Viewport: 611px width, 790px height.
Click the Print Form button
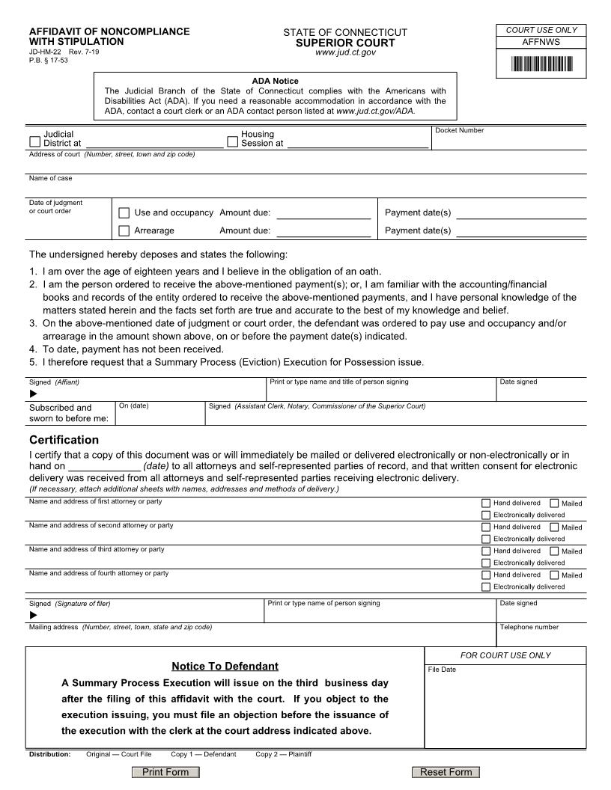(x=165, y=772)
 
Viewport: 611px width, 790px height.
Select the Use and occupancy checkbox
(x=124, y=213)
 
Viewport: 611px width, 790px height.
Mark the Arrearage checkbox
(x=124, y=231)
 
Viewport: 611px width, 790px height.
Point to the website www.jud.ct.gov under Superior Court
(x=345, y=52)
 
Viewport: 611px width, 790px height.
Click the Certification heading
(x=64, y=440)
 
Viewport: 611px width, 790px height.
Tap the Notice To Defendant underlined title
(x=225, y=666)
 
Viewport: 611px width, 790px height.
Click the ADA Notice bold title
(x=275, y=81)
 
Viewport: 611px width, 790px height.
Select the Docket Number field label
(x=459, y=131)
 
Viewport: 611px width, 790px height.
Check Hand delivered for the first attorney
(x=486, y=503)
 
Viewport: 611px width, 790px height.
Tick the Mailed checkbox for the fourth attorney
(x=554, y=575)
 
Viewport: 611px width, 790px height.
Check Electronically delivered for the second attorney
(x=486, y=539)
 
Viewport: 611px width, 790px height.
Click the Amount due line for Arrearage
(x=323, y=232)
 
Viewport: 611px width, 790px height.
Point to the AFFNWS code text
(x=541, y=43)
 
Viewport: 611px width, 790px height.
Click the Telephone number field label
(x=529, y=628)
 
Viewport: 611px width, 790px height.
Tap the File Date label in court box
(x=442, y=670)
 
